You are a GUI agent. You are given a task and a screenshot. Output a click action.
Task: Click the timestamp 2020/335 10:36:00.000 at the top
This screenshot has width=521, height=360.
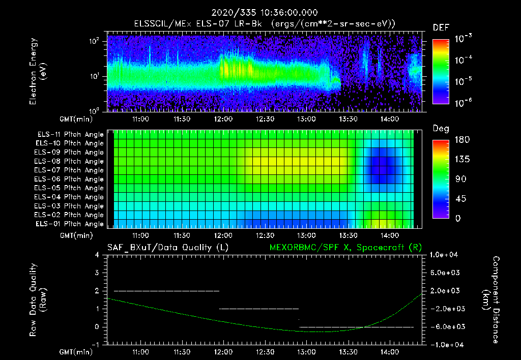[x=260, y=13]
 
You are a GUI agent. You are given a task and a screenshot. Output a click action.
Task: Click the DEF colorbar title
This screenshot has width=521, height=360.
[x=441, y=27]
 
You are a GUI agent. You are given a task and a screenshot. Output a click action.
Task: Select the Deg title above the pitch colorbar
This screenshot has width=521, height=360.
[x=441, y=129]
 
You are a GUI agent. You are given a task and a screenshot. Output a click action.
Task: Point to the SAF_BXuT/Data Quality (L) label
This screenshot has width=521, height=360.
[x=167, y=248]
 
